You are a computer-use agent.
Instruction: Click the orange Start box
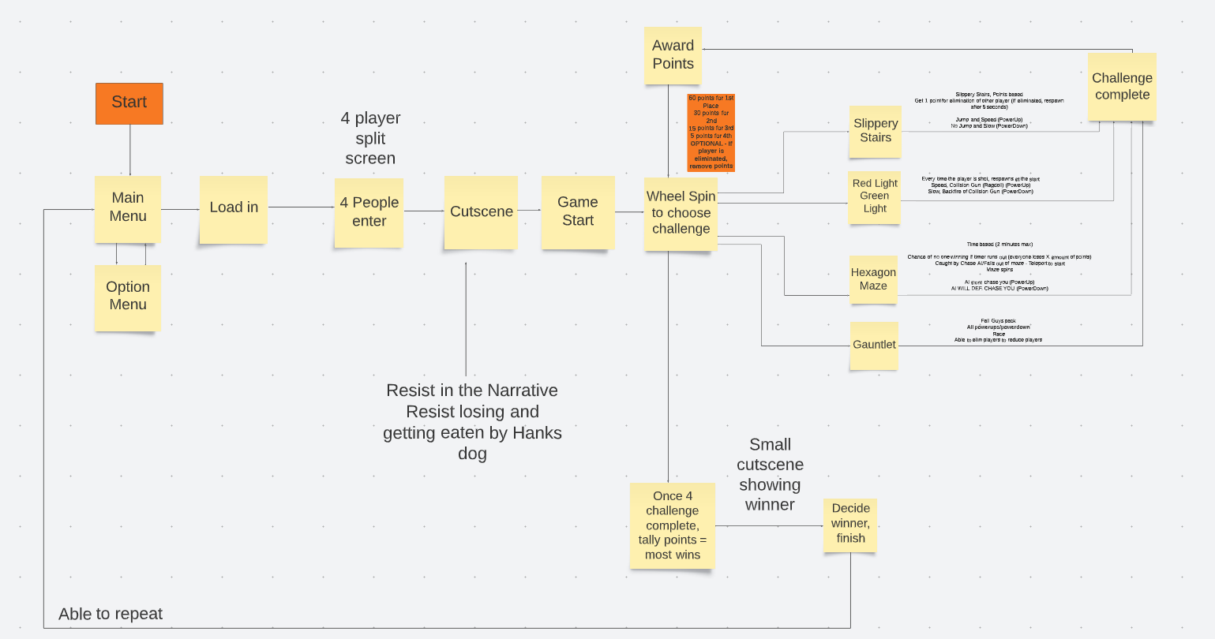click(129, 103)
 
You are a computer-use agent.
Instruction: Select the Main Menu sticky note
click(128, 208)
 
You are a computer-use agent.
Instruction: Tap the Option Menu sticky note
click(128, 297)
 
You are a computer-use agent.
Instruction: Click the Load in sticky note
click(234, 209)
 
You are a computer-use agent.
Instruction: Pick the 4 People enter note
click(369, 212)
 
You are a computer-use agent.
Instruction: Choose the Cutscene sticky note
click(481, 212)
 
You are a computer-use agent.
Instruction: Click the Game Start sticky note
click(578, 212)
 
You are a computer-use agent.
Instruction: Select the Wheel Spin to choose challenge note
click(681, 213)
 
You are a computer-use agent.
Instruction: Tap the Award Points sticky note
click(673, 55)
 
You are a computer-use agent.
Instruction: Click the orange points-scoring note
click(711, 133)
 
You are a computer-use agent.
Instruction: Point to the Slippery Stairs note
click(876, 131)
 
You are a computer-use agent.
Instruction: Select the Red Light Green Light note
click(875, 197)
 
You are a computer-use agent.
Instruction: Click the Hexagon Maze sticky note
click(873, 280)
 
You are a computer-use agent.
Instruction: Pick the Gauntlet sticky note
click(874, 346)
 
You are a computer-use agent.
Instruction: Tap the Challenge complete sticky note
click(1122, 87)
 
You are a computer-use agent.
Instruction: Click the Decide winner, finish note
click(850, 525)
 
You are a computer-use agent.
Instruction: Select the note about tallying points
click(673, 525)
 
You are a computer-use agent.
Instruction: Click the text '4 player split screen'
click(370, 138)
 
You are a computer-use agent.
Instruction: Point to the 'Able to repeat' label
click(111, 614)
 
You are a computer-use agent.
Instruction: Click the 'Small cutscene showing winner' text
click(770, 475)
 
